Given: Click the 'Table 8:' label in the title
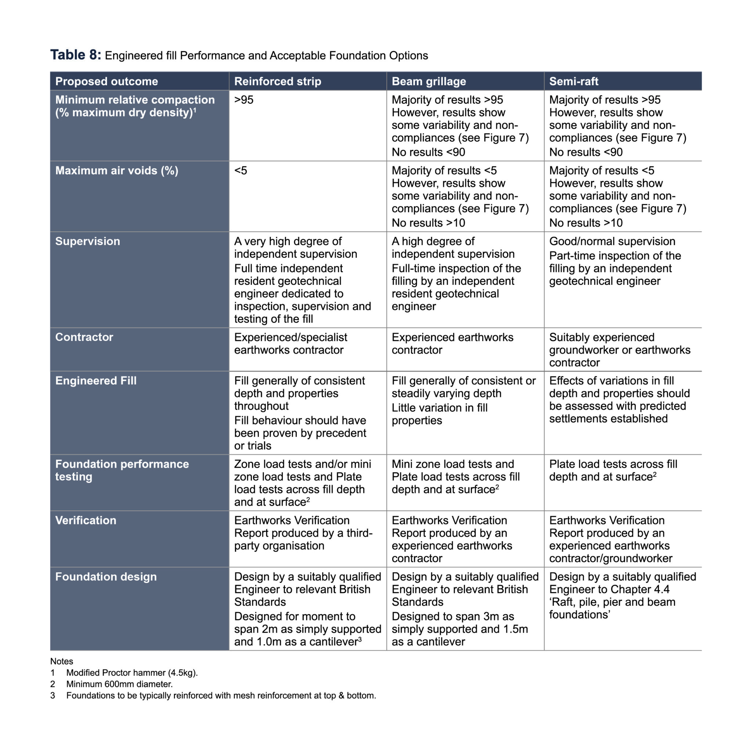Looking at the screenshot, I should click(76, 55).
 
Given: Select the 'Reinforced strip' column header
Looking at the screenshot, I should click(278, 82).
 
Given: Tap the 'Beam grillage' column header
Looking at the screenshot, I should click(429, 82).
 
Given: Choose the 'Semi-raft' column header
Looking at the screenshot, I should click(573, 82).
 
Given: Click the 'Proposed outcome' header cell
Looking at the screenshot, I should click(106, 82).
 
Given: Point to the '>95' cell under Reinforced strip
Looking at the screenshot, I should click(244, 100).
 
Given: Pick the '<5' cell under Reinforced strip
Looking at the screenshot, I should click(241, 170).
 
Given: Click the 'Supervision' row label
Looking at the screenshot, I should click(88, 241).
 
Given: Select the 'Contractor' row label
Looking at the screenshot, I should click(84, 337).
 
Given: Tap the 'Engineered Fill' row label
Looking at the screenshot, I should click(96, 381).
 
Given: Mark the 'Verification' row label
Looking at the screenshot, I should click(86, 521).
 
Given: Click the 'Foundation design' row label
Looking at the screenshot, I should click(106, 577).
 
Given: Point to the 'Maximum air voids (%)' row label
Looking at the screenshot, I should click(117, 170).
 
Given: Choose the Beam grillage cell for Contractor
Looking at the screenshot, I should click(452, 344).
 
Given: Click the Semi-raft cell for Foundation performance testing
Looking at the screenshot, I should click(613, 471).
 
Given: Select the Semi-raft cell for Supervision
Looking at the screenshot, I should click(615, 261).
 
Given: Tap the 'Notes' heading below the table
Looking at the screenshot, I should click(61, 662).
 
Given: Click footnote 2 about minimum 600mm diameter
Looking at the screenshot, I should click(119, 684).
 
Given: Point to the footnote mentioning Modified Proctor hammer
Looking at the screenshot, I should click(131, 673).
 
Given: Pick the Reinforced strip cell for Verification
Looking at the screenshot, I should click(303, 533).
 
